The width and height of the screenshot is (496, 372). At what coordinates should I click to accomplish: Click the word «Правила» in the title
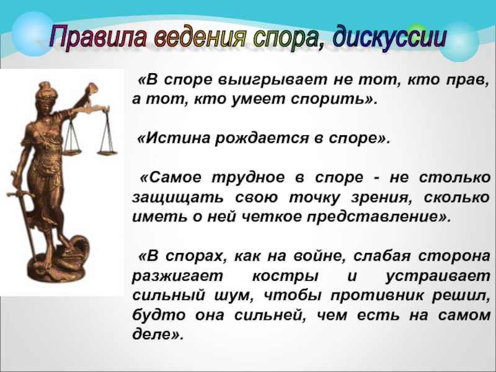pyautogui.click(x=98, y=37)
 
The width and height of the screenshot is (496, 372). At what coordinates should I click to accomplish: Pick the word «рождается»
pyautogui.click(x=262, y=139)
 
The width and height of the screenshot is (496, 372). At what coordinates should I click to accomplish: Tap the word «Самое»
pyautogui.click(x=175, y=177)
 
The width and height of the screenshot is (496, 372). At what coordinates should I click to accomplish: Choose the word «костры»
pyautogui.click(x=285, y=276)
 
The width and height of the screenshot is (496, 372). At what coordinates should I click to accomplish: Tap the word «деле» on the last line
pyautogui.click(x=152, y=334)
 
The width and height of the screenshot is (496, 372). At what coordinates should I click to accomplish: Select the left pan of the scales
pyautogui.click(x=73, y=151)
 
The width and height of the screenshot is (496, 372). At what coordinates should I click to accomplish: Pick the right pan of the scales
pyautogui.click(x=107, y=153)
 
